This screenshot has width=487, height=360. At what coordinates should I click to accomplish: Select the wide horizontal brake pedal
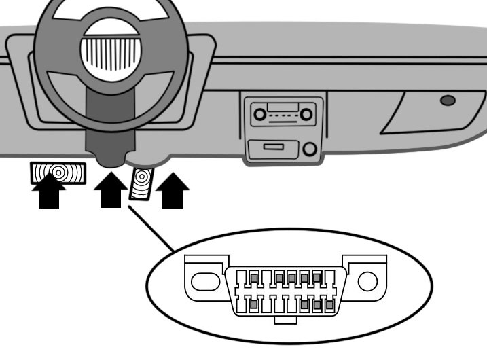click(58, 173)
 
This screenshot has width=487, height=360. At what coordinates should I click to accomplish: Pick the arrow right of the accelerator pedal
click(173, 192)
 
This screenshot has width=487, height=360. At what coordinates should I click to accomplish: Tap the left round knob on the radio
click(259, 115)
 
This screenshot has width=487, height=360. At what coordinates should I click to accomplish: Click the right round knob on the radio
click(307, 115)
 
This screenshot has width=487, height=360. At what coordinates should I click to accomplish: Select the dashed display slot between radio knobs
click(283, 115)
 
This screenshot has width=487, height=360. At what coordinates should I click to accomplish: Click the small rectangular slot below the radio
click(274, 147)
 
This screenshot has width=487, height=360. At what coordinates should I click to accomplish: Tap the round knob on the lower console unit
click(310, 149)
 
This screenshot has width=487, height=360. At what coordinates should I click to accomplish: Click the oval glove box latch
click(448, 101)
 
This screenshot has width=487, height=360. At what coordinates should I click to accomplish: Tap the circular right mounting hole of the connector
click(367, 281)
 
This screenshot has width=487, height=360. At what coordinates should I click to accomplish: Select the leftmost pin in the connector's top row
click(253, 278)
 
